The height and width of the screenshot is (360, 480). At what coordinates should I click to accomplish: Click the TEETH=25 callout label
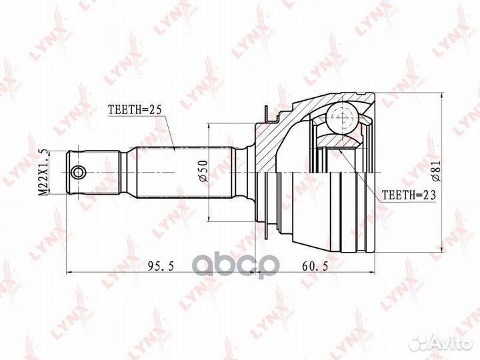tap(135, 110)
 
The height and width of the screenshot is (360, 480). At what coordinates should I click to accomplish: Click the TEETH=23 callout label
tap(409, 195)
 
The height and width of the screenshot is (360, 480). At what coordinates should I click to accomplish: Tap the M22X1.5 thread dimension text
tap(44, 173)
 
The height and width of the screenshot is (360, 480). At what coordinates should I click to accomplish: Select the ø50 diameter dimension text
tap(203, 171)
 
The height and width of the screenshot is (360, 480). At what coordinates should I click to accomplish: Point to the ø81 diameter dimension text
tap(435, 172)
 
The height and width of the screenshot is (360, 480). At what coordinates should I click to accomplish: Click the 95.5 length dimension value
tap(161, 266)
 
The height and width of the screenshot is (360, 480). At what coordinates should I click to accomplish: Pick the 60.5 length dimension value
tap(315, 266)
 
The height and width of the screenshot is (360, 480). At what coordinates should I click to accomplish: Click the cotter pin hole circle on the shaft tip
tap(79, 173)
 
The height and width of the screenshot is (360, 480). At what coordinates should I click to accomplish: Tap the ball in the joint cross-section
tap(342, 117)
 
